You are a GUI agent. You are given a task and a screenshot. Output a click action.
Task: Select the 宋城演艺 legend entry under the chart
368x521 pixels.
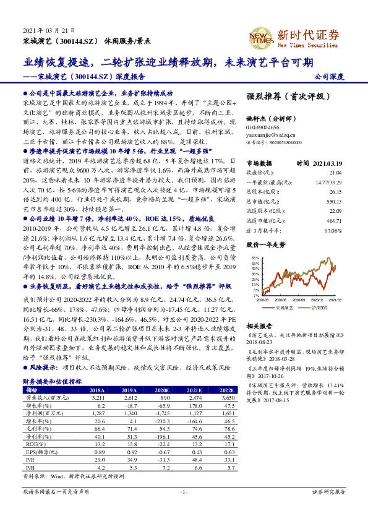pyautogui.click(x=281, y=307)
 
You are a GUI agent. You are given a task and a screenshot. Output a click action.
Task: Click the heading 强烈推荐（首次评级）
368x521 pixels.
pyautogui.click(x=281, y=97)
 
